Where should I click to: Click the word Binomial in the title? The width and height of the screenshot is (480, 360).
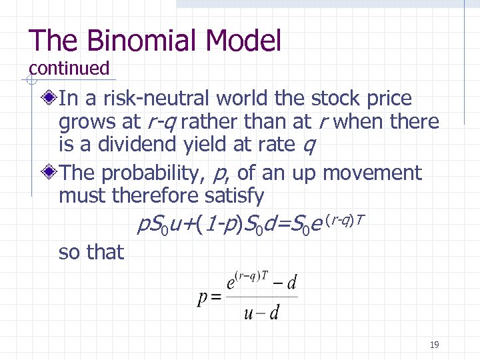click(x=142, y=41)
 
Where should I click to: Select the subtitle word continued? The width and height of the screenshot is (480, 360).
click(x=69, y=68)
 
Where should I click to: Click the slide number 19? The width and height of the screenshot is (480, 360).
click(x=434, y=345)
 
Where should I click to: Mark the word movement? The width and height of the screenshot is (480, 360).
click(x=372, y=173)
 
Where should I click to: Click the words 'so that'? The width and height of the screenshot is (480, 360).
click(x=91, y=252)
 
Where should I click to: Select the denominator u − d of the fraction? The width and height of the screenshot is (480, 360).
click(x=261, y=313)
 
